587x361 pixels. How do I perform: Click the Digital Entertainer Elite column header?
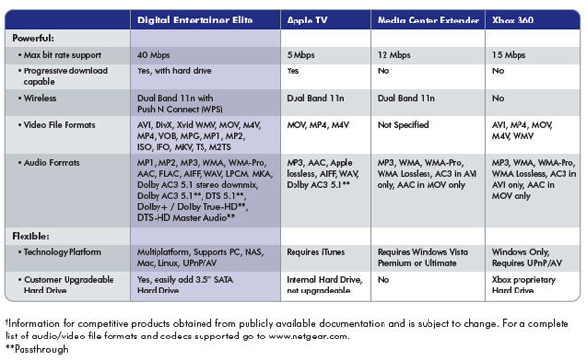195,20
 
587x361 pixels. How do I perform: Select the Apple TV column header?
306,21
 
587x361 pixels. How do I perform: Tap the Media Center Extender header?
429,20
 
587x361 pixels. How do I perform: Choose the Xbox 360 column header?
513,20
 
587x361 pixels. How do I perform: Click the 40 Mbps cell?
154,55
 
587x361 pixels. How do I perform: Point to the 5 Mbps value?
300,55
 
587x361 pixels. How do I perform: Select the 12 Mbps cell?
394,55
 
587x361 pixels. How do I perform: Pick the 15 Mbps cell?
509,55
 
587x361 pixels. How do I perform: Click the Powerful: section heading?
33,38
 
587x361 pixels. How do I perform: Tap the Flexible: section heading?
30,236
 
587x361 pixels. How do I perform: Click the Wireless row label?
40,98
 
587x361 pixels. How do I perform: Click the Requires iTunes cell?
316,252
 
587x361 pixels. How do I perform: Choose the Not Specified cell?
403,125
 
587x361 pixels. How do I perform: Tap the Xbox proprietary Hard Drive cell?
523,285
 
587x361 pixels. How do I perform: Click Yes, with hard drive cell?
174,70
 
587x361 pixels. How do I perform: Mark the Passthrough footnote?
37,349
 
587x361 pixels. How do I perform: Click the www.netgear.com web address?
309,336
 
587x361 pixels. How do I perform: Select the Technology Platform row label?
63,252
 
